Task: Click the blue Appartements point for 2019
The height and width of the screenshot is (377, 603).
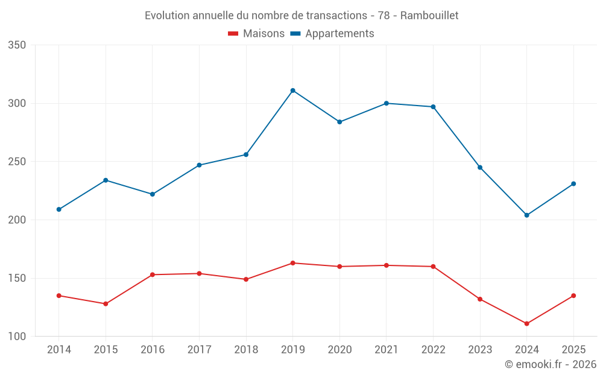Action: click(x=292, y=91)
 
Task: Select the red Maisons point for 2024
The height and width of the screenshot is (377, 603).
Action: click(x=526, y=323)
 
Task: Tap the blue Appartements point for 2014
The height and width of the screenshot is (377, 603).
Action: click(x=59, y=209)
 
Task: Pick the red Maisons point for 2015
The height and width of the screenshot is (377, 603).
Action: click(x=106, y=304)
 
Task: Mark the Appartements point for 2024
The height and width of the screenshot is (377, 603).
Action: click(x=526, y=215)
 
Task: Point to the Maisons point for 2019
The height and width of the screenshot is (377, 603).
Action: click(x=292, y=263)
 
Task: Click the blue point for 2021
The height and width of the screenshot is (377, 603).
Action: click(x=386, y=104)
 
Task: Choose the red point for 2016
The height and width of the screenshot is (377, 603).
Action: click(x=153, y=274)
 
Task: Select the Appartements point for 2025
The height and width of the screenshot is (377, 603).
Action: click(x=573, y=184)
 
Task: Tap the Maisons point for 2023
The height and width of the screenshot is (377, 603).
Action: click(x=480, y=299)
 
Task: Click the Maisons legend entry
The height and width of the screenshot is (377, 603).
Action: click(x=256, y=33)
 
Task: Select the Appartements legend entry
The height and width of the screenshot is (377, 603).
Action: click(x=332, y=33)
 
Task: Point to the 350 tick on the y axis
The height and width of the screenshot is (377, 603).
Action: click(x=17, y=45)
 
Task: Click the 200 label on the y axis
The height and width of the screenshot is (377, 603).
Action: click(x=17, y=220)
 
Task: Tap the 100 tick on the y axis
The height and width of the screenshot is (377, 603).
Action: click(x=17, y=337)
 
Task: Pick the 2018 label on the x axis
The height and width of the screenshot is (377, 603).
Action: click(x=246, y=349)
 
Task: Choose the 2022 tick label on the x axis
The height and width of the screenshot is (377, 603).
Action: click(x=433, y=349)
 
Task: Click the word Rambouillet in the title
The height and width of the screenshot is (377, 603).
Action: click(x=429, y=16)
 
